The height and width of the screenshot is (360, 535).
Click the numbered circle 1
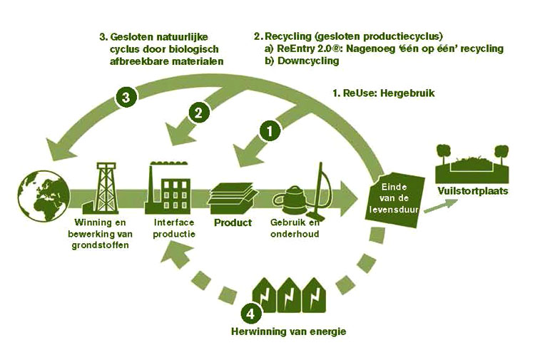tap(270, 131)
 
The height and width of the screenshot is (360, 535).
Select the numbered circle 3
tap(126, 97)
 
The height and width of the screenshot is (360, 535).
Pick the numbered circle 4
tap(251, 314)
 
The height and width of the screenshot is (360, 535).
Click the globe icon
tap(44, 195)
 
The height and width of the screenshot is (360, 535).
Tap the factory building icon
tap(167, 187)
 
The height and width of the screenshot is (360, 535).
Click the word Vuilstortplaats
tap(473, 190)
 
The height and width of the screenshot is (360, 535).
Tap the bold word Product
tap(233, 222)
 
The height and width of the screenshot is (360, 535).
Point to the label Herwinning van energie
tap(289, 331)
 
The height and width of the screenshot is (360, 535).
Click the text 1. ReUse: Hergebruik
tap(384, 93)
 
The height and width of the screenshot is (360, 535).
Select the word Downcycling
tap(308, 61)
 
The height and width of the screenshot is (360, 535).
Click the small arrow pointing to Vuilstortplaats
tap(441, 205)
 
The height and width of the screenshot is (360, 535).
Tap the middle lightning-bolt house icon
tap(289, 295)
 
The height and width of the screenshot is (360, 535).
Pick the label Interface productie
tap(174, 228)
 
